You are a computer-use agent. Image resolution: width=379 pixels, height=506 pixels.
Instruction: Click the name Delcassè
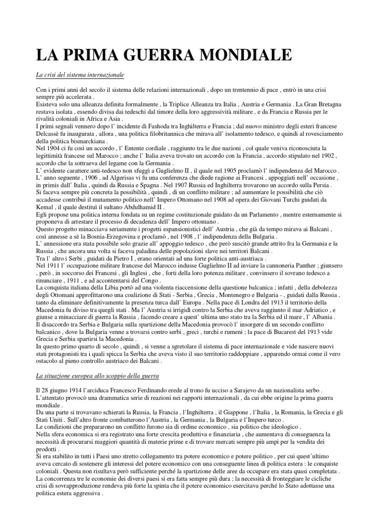pos(50,134)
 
